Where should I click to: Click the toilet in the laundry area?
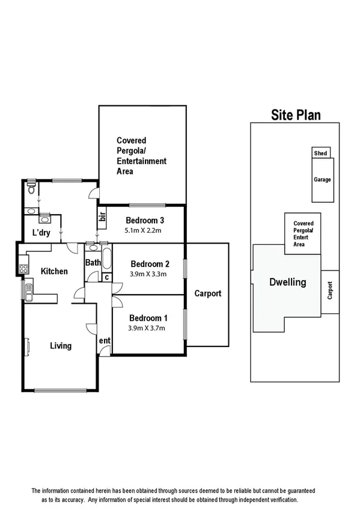(x=31, y=191)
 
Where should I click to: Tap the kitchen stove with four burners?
(x=23, y=265)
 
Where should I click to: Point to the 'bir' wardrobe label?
(x=102, y=218)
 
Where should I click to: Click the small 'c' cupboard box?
(x=106, y=277)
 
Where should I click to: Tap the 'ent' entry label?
(x=105, y=341)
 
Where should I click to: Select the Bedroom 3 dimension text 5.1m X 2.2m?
(x=143, y=230)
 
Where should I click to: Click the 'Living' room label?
(x=61, y=346)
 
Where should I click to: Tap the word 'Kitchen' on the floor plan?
(x=54, y=271)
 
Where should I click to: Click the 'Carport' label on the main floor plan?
(x=207, y=293)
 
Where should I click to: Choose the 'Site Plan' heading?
(x=296, y=115)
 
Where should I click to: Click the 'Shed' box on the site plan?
(x=320, y=153)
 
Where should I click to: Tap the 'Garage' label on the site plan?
(x=322, y=179)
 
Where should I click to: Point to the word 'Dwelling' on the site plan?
(x=287, y=282)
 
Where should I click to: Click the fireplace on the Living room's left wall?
(x=26, y=346)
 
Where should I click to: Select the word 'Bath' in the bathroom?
(x=93, y=262)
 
